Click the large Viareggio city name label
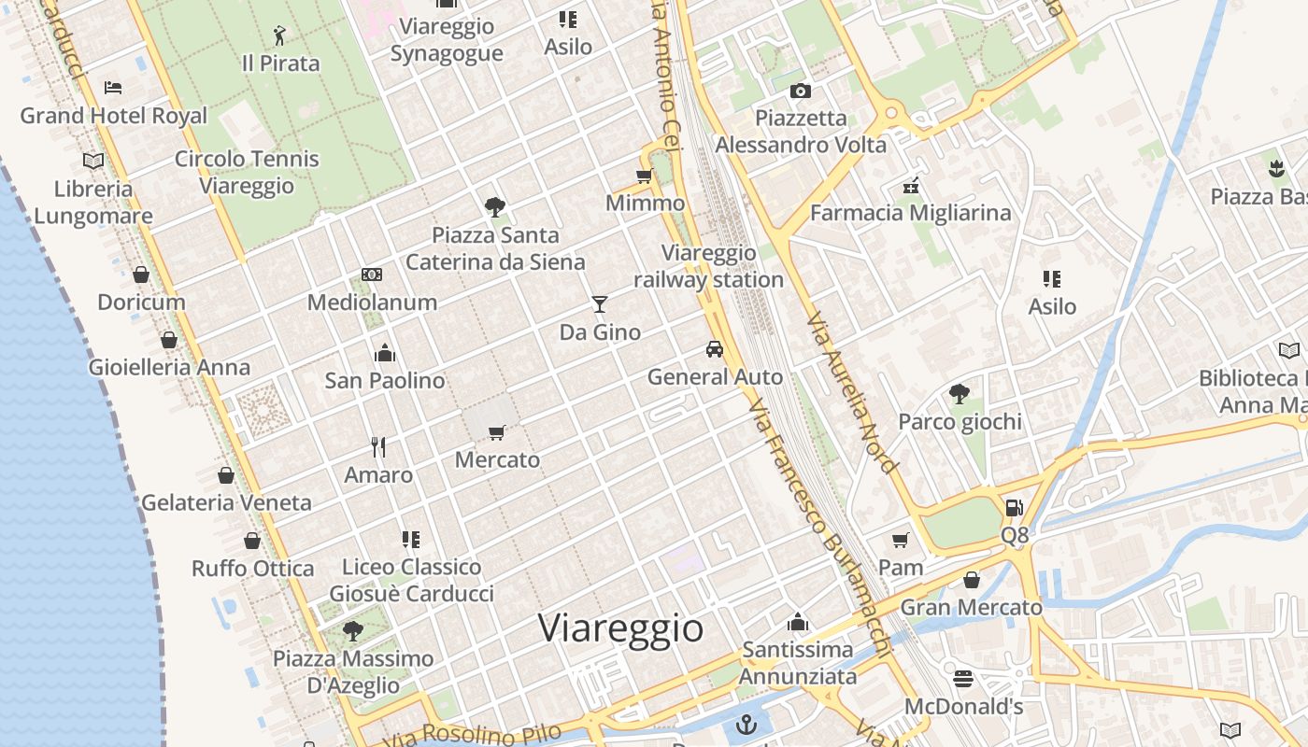(x=620, y=627)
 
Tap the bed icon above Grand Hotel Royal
(x=113, y=89)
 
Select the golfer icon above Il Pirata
(x=279, y=36)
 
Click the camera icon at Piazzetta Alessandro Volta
(x=801, y=91)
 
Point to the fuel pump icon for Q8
(x=1014, y=508)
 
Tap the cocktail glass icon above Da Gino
(x=600, y=304)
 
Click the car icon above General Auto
(x=715, y=349)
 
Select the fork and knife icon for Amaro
(x=378, y=447)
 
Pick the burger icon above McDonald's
(x=963, y=678)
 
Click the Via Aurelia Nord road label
(x=850, y=392)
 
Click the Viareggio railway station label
(x=708, y=266)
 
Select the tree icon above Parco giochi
(x=959, y=394)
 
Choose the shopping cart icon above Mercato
(x=497, y=432)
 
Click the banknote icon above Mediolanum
(x=372, y=275)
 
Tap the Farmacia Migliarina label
(x=910, y=213)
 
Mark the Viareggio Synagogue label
(x=447, y=39)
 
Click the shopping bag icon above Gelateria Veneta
(x=225, y=475)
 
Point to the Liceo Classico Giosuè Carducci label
(x=411, y=580)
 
